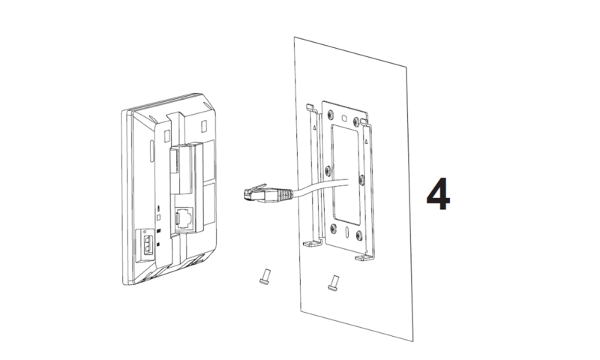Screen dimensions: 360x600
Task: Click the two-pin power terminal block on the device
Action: (146, 244)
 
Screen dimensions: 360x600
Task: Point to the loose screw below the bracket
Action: (333, 283)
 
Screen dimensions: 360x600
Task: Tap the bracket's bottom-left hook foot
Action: (307, 244)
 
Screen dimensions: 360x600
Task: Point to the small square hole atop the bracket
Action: (343, 118)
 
